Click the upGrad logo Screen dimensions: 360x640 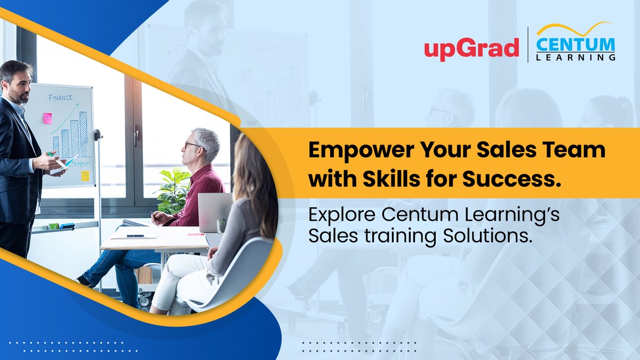click(x=471, y=49)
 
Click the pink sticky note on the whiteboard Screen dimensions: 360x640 click(x=47, y=118)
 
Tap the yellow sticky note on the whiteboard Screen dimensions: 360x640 click(x=85, y=175)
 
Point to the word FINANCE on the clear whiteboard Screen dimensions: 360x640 click(x=61, y=98)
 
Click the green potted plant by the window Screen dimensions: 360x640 click(x=172, y=189)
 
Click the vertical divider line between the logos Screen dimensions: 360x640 click(x=527, y=45)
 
